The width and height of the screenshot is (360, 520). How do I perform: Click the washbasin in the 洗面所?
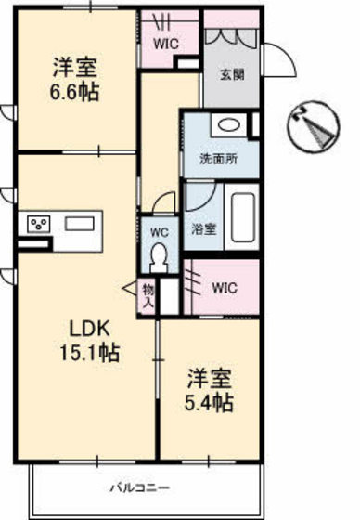point(226,126)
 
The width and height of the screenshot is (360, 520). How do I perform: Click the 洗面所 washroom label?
point(219,158)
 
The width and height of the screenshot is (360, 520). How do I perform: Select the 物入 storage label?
point(147,296)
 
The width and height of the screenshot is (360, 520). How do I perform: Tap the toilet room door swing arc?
point(164,201)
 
